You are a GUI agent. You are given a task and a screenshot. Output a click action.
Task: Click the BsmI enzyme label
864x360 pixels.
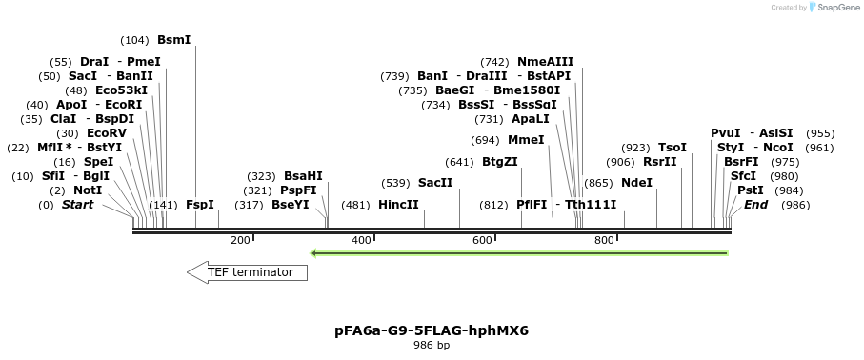click(173, 40)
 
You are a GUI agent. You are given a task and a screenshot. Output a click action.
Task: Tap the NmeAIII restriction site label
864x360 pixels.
click(545, 62)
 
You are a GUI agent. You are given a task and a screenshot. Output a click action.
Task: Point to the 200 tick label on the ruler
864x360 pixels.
click(240, 240)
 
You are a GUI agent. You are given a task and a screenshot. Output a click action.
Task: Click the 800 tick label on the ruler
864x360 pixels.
click(604, 240)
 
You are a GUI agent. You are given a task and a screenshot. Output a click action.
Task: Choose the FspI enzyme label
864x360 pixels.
click(200, 205)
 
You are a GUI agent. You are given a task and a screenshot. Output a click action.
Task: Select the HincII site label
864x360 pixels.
click(398, 205)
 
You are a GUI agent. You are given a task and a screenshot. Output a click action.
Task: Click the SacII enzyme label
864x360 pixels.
click(435, 183)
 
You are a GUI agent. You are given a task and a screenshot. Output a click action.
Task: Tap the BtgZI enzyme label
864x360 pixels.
click(499, 162)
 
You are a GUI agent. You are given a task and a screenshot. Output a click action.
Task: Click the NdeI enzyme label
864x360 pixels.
click(636, 183)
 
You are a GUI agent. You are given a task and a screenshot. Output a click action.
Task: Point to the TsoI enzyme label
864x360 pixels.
click(673, 148)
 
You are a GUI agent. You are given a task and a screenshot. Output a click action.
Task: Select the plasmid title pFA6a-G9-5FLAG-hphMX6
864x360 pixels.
click(432, 331)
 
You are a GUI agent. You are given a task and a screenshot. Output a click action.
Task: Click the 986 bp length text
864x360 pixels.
click(432, 346)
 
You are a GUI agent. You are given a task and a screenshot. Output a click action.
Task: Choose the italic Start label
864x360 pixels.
click(78, 205)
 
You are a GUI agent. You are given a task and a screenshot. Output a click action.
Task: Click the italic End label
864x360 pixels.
click(755, 205)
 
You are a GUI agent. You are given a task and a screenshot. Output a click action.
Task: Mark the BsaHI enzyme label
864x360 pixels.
click(303, 176)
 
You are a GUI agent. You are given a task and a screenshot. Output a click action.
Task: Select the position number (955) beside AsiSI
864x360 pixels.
click(819, 133)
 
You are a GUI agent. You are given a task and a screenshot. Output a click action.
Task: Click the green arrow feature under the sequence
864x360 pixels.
click(520, 253)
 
